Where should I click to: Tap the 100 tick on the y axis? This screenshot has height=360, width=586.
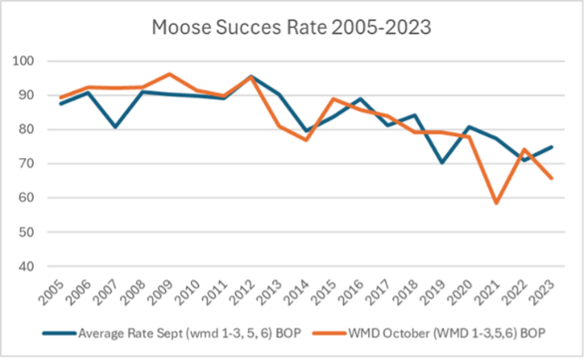tap(30, 62)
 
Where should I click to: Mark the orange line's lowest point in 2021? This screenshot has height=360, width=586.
tap(496, 203)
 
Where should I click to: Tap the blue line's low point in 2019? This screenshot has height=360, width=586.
tap(443, 162)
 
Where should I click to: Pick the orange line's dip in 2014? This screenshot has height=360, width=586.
tap(306, 140)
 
